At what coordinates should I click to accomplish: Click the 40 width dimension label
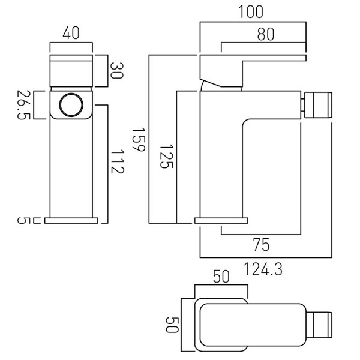coord(71,35)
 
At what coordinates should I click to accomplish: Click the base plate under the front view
coord(71,220)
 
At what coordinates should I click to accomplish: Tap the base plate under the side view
coord(221,220)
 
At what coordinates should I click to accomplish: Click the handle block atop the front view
coord(71,71)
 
